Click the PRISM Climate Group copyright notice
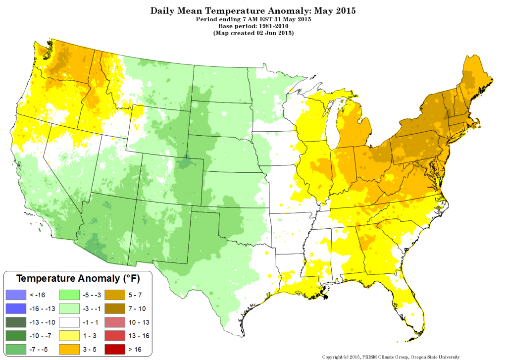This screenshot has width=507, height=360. [391, 357]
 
